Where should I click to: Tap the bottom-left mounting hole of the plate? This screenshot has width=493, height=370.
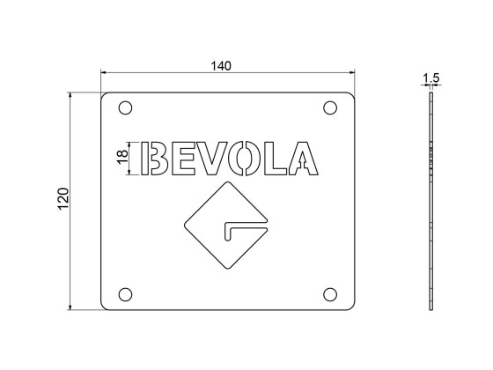tap(125, 293)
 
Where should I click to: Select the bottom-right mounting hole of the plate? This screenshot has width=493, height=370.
tap(331, 293)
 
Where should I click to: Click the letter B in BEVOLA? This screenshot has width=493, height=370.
tap(158, 159)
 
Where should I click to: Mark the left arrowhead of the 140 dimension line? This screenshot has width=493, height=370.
tap(104, 73)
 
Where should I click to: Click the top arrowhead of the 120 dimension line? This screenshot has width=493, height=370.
tap(71, 94)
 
